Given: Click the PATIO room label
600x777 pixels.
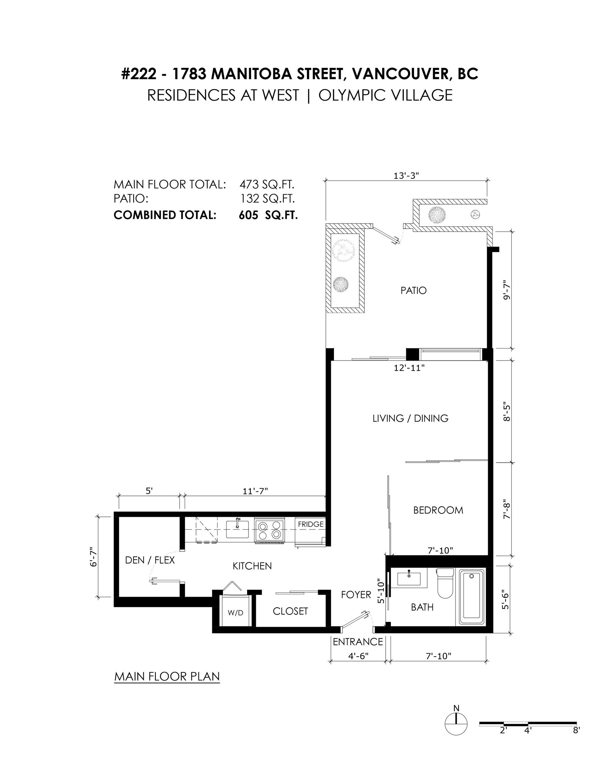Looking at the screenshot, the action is coord(413,291).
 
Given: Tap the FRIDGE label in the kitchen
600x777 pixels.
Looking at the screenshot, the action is coord(311,524).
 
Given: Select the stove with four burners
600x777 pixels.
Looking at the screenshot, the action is coord(269,531).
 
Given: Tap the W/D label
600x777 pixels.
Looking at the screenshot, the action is coord(235,613).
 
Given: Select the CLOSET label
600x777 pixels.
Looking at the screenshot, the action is coord(290,611).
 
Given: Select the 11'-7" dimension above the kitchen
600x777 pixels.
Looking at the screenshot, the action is coord(255,491).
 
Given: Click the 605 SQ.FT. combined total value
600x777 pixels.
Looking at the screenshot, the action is coord(268,215).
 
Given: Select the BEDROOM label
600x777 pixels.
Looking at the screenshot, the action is coord(438,510).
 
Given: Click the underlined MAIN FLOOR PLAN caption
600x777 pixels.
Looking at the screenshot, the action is coord(167,676).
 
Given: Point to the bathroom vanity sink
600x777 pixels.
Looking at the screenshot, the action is coord(409,578).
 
